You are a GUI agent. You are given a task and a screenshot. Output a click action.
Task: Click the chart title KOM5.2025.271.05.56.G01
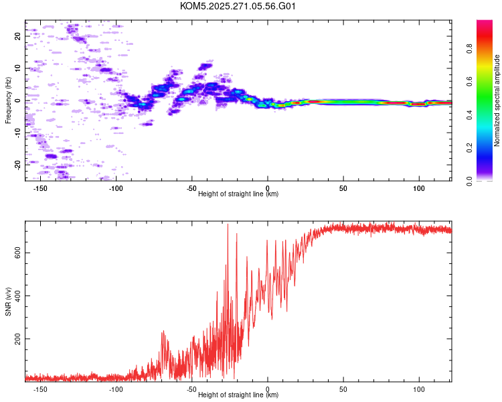238,6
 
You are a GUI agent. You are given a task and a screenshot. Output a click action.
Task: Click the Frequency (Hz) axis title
8,100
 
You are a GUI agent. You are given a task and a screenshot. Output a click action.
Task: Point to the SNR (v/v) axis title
8,301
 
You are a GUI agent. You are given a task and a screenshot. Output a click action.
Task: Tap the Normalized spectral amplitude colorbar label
497,100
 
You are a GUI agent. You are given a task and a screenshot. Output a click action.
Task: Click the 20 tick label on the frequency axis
17,36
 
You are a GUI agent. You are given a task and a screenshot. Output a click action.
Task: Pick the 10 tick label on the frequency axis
17,68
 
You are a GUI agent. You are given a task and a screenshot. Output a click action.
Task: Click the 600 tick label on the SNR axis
17,253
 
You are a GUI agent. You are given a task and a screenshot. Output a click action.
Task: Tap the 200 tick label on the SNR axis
17,338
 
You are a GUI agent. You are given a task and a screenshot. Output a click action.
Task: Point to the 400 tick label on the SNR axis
17,295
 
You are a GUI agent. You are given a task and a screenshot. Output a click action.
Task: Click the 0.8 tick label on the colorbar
469,49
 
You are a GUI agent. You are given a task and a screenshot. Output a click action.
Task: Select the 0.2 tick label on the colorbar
469,148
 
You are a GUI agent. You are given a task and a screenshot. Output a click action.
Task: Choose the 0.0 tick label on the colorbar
469,181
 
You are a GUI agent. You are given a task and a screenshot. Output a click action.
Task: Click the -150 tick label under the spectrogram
40,188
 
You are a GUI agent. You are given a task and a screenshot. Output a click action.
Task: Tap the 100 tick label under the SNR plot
419,389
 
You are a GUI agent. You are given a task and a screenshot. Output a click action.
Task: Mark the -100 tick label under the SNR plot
116,389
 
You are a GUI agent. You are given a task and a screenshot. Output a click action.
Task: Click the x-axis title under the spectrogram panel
238,194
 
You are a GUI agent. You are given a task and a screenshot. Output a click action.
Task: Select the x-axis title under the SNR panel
238,395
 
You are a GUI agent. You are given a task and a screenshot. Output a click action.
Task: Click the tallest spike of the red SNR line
228,224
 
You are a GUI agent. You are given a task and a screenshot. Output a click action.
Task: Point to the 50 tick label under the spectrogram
343,188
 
